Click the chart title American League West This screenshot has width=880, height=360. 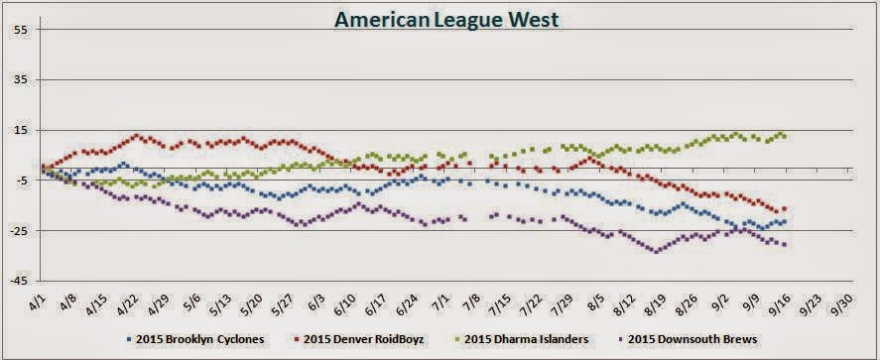439,20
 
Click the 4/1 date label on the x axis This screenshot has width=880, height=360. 37,299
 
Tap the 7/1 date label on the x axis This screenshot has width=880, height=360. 442,299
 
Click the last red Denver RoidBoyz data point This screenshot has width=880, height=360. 784,208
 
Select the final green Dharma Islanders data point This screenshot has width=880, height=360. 785,136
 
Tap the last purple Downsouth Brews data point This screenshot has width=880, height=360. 784,244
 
